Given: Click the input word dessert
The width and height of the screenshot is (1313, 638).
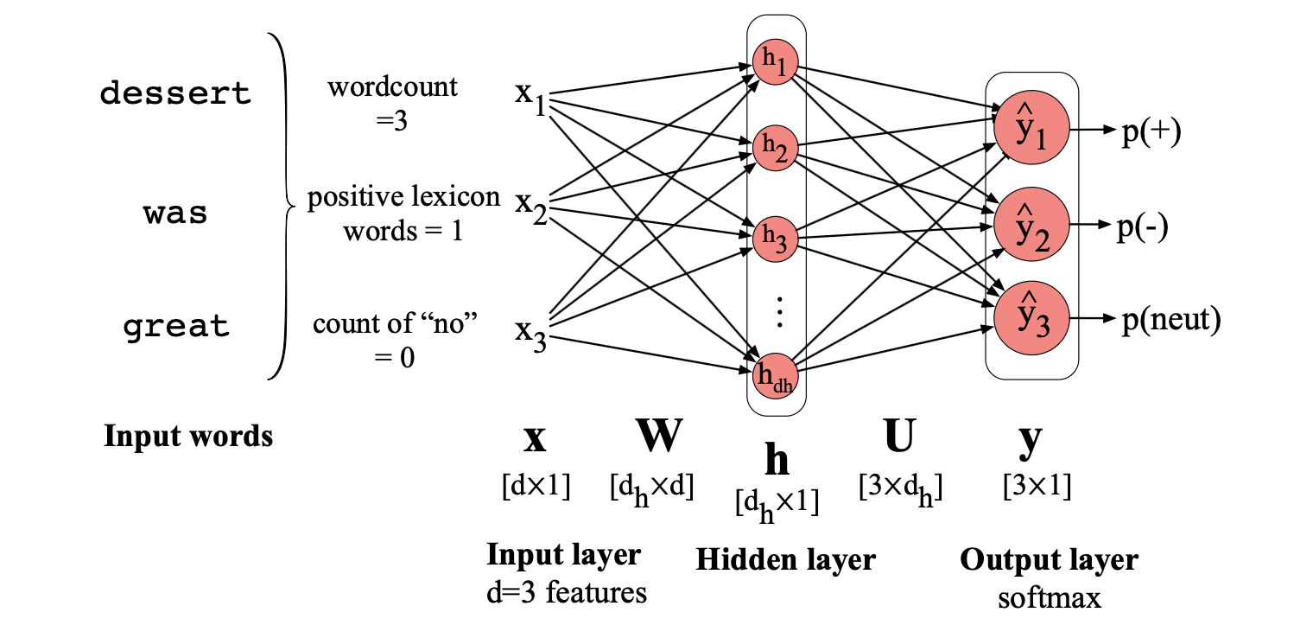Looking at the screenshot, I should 175,93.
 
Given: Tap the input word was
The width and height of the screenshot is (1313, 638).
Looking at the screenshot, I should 175,212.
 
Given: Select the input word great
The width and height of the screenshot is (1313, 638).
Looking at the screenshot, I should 175,327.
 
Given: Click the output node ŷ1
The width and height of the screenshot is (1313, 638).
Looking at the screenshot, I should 1031,128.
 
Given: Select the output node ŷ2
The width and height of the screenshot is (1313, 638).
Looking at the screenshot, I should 1031,224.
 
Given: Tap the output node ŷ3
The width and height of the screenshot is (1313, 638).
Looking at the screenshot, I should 1031,317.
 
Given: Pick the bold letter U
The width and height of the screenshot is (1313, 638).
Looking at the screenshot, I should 898,437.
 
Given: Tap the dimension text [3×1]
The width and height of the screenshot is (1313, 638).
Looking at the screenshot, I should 1037,486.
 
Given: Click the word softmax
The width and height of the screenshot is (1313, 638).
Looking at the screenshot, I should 1050,597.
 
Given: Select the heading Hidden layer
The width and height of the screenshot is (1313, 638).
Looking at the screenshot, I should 785,560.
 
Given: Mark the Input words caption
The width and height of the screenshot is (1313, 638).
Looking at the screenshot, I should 188,436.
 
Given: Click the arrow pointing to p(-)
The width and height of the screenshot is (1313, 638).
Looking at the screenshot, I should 1090,225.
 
